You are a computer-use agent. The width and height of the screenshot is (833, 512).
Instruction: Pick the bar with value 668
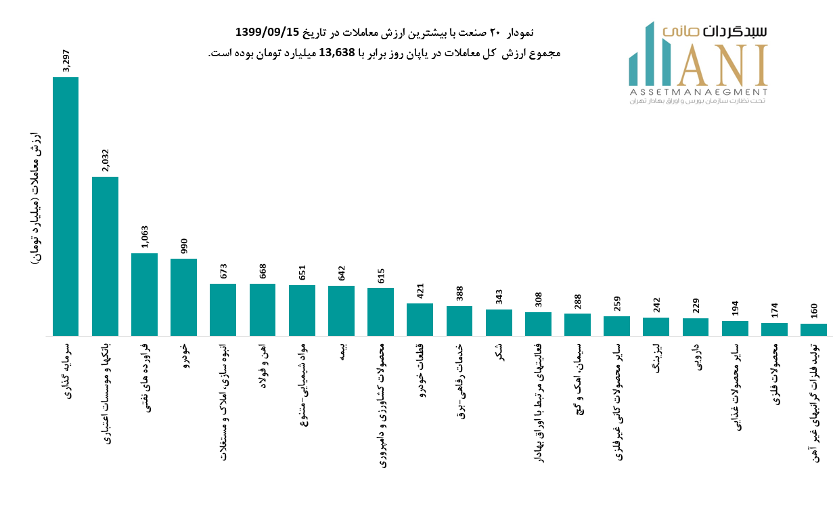(x=263, y=310)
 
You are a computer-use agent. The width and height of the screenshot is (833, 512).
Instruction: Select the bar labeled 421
(x=420, y=319)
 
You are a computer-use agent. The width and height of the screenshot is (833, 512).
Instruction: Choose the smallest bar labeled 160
(x=813, y=329)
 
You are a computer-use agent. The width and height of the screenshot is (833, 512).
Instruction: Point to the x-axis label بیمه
(x=342, y=351)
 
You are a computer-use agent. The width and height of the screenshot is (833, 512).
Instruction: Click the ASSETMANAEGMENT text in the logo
(x=698, y=91)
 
